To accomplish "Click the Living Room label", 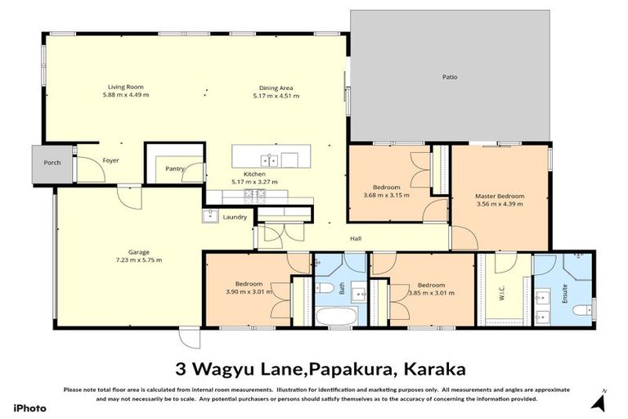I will point(125,86).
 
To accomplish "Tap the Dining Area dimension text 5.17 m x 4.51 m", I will point(275,96).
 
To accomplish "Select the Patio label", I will point(451,78).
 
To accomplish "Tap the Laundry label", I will point(235,217).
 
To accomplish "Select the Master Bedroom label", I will point(500,196).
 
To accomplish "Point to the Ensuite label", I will point(564,291).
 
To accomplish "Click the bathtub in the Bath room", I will point(336,316).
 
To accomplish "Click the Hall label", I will point(356,239).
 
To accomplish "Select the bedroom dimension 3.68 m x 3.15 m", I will point(386,196).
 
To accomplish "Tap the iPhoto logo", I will point(30,407).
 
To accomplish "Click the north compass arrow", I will point(599,403).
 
